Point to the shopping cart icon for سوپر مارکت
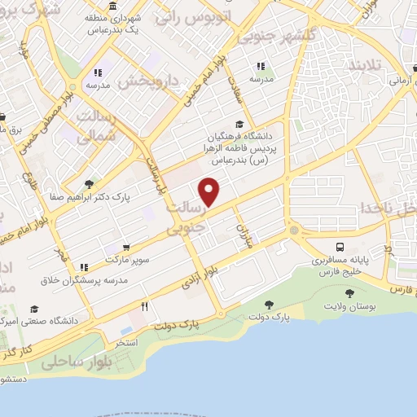126,248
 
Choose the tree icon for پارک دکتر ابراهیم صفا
88,184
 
